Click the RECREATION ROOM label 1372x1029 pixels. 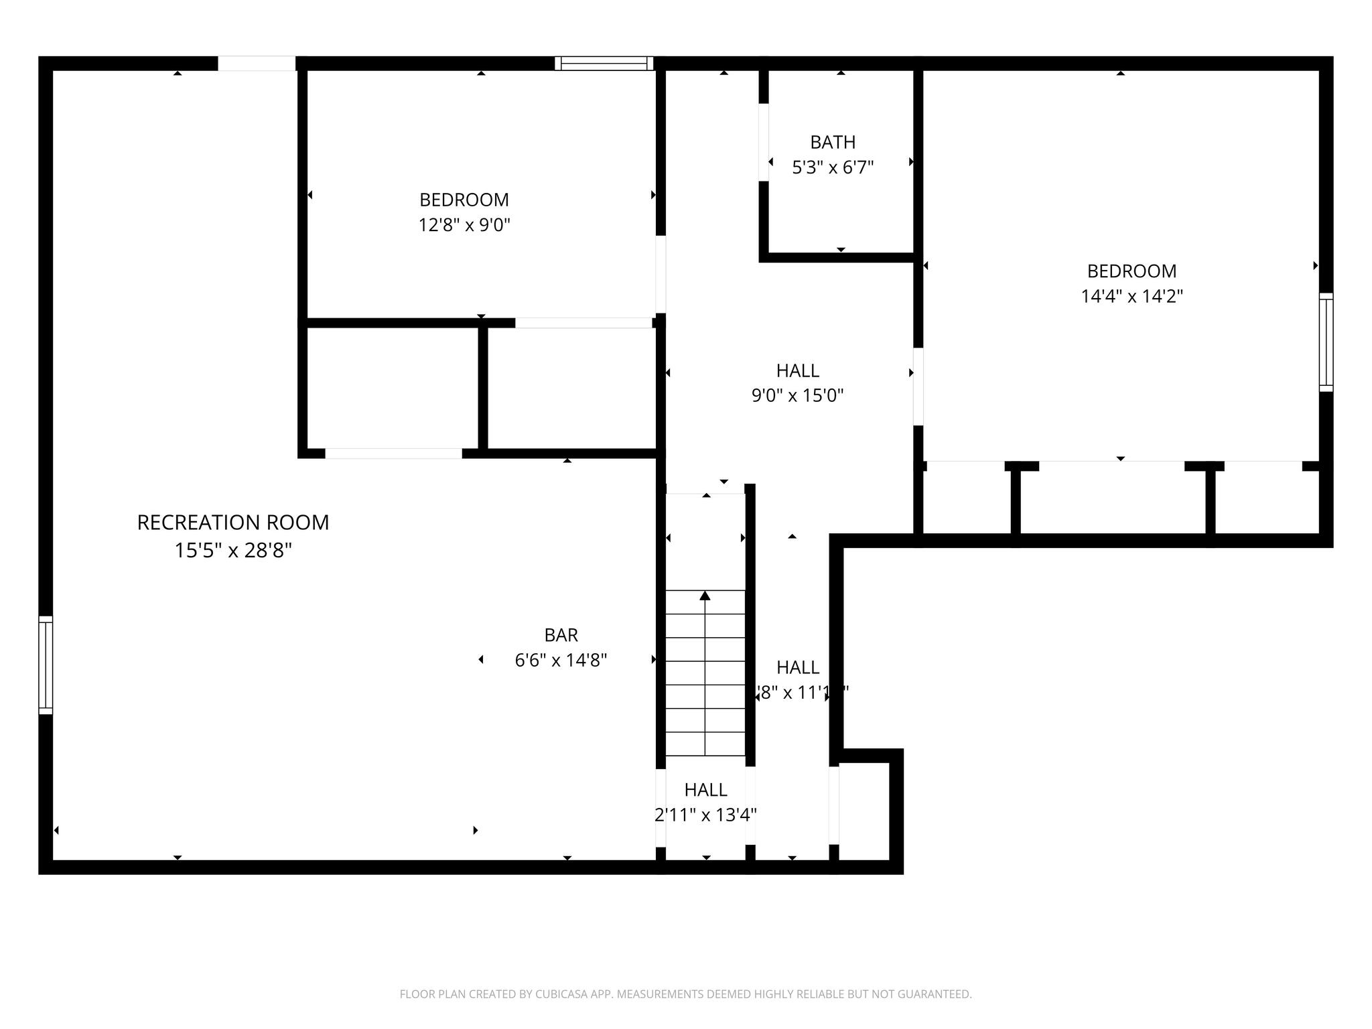233,523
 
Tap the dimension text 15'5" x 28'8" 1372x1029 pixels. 233,551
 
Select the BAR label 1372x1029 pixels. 561,634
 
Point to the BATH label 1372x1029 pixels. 833,142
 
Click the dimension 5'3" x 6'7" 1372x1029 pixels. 833,167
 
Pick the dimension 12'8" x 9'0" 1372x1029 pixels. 464,225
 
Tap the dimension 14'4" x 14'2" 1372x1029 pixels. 1131,296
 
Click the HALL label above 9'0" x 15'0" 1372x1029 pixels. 797,370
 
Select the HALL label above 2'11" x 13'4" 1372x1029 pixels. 705,790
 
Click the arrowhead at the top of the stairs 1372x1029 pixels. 705,595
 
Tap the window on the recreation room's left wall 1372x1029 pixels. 46,665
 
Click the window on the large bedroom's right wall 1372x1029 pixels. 1326,342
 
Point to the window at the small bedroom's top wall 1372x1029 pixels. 604,64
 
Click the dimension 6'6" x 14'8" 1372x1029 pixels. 561,661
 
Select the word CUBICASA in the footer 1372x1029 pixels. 562,995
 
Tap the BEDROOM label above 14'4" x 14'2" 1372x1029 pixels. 1131,271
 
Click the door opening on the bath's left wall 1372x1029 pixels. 763,142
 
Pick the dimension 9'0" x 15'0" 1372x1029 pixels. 797,396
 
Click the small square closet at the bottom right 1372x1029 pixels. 864,811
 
